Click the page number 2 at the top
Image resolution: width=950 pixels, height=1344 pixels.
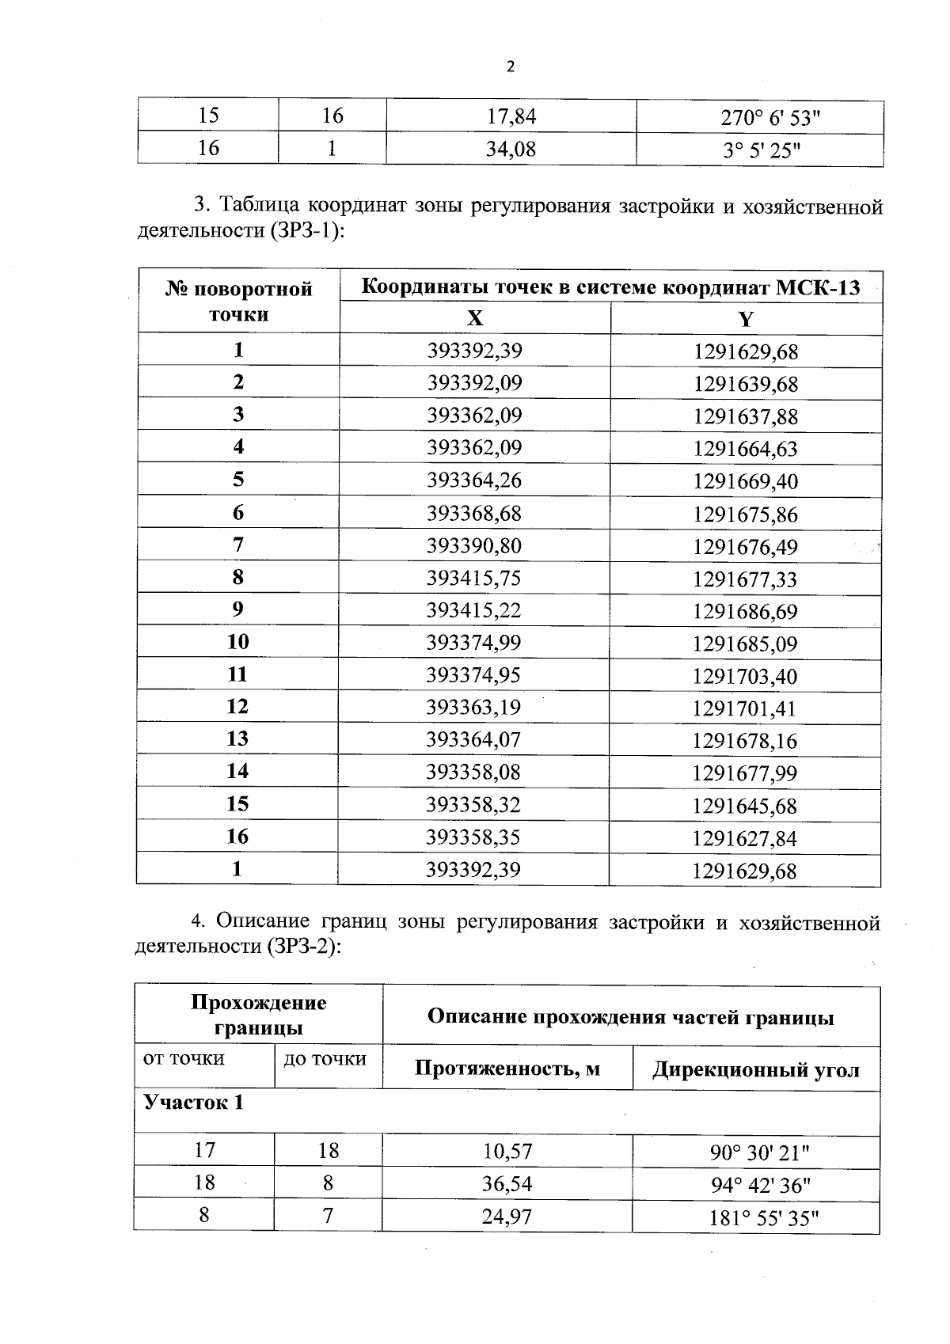[510, 67]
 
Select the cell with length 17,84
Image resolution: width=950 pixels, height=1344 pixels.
[511, 117]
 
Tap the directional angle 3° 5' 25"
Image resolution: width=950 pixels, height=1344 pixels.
[761, 150]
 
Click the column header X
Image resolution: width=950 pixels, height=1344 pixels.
[474, 318]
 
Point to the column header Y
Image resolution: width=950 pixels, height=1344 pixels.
[746, 319]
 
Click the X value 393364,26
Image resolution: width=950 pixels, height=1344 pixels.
[474, 480]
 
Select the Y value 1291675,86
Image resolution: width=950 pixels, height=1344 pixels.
[746, 514]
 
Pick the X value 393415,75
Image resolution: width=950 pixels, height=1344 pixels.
[474, 579]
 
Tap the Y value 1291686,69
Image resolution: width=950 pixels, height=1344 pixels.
[746, 612]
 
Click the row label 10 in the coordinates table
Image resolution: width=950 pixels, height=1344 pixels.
[237, 642]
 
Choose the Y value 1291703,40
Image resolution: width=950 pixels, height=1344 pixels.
[746, 677]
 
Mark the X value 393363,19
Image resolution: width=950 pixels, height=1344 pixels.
[474, 708]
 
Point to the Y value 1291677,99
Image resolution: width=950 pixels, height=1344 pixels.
[745, 773]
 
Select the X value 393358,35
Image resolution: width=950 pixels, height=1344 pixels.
[473, 837]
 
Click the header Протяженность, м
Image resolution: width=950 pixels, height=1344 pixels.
[507, 1069]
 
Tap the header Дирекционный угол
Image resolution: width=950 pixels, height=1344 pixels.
[755, 1070]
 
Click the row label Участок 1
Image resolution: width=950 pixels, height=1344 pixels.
[193, 1103]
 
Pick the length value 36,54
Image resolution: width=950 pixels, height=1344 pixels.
[507, 1184]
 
